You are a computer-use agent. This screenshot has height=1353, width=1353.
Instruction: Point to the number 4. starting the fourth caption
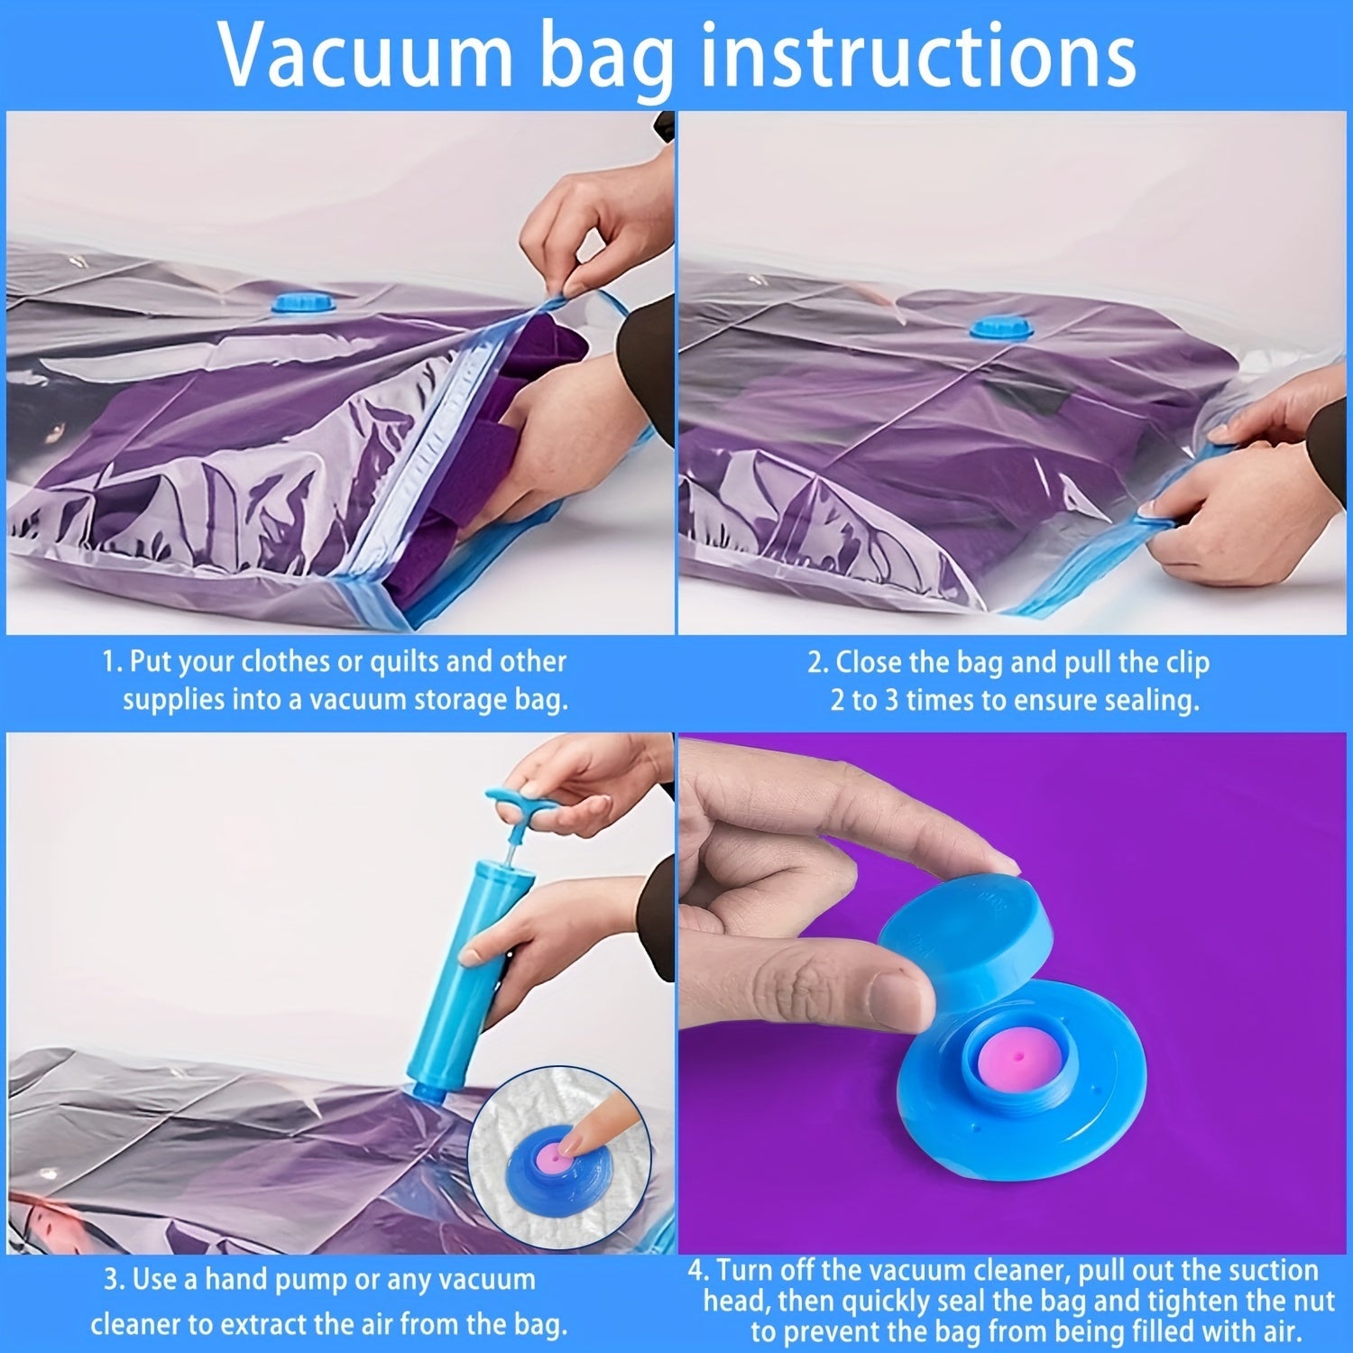tap(698, 1271)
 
